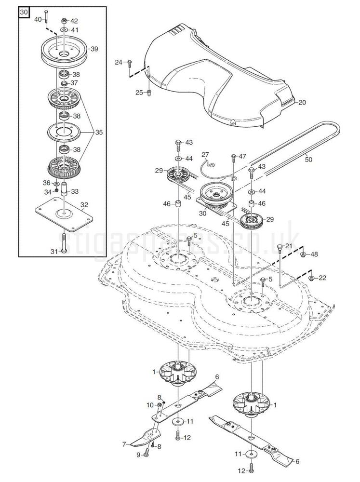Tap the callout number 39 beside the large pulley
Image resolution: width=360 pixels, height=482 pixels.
click(x=94, y=49)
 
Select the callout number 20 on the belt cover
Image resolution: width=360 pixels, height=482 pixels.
click(x=302, y=102)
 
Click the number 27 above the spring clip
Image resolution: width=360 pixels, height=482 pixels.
click(x=205, y=154)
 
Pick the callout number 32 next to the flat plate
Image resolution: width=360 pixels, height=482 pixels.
click(x=84, y=204)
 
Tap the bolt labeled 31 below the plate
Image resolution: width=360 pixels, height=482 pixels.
click(x=64, y=251)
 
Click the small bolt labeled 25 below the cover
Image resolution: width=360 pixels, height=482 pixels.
click(x=148, y=93)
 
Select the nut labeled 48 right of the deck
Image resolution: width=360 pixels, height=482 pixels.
click(x=302, y=254)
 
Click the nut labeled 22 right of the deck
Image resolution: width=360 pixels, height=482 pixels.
click(x=311, y=278)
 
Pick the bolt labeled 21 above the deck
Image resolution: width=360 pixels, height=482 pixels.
click(x=280, y=249)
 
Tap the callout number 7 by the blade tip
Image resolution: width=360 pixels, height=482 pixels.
click(x=124, y=443)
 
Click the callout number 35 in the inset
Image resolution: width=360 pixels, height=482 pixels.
click(x=99, y=132)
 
